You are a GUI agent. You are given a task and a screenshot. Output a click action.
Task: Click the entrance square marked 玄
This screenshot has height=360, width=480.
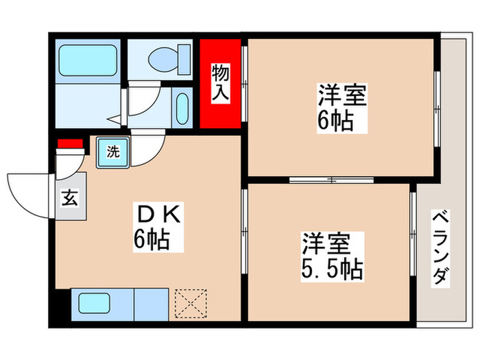click(70, 200)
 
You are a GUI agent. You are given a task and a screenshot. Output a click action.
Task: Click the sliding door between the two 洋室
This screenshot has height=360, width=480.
click(331, 180)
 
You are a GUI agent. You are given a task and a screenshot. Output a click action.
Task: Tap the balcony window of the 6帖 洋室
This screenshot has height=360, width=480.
click(437, 108)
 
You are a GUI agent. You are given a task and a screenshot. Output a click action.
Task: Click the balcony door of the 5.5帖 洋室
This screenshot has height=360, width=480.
click(413, 233)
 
